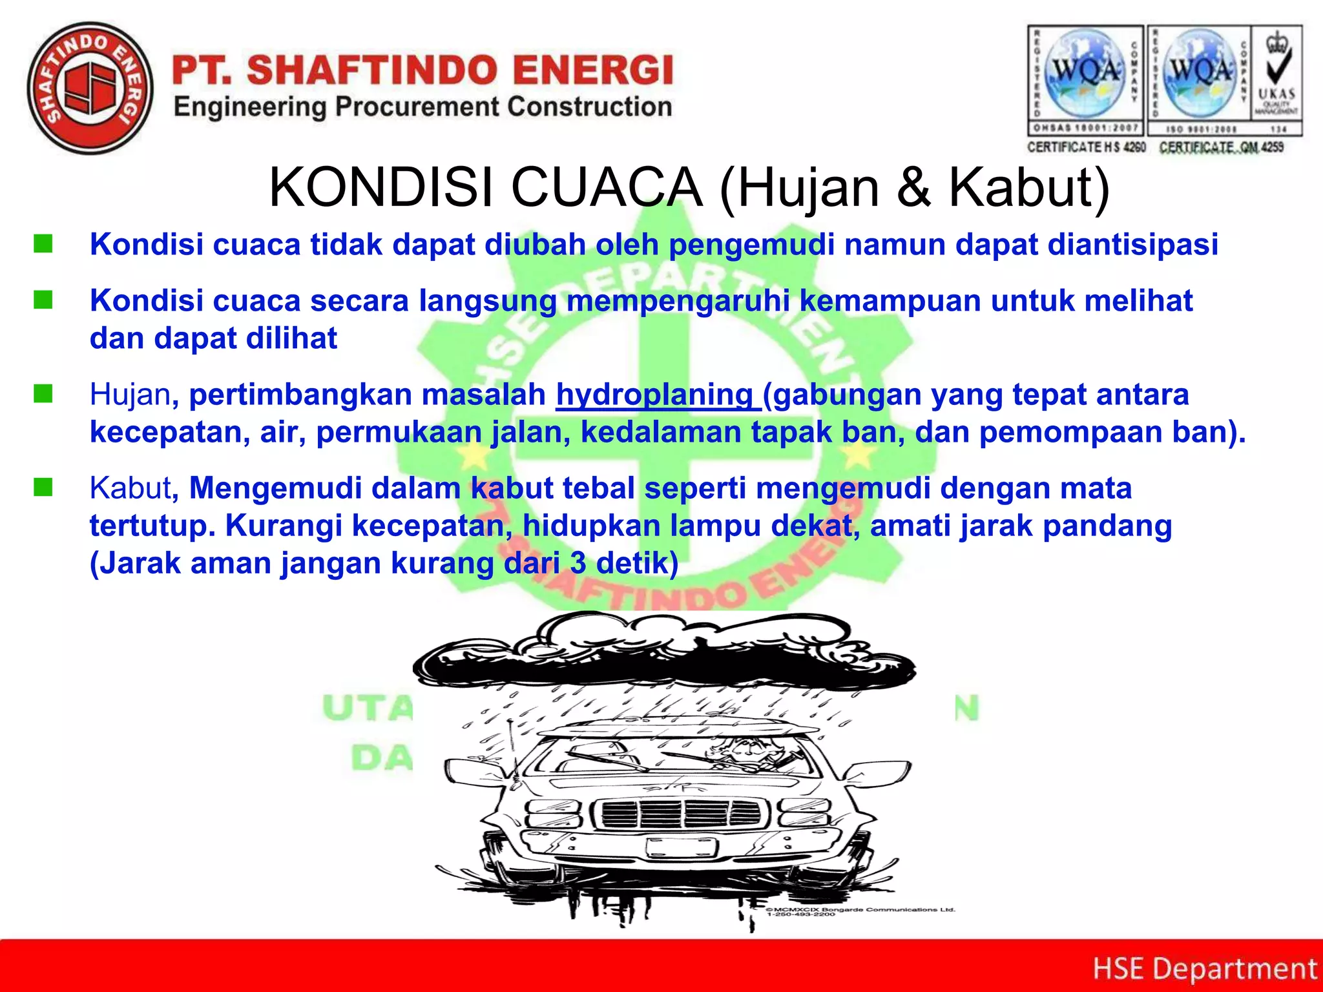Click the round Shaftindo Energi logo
90,88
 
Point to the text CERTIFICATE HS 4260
1086,147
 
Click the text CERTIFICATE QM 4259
1221,147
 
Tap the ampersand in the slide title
913,187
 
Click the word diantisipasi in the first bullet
1132,245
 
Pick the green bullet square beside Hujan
43,393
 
